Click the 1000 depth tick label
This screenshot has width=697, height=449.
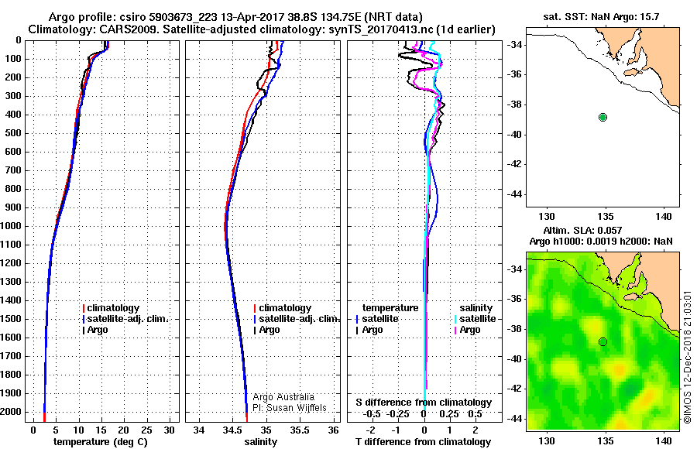pos(13,226)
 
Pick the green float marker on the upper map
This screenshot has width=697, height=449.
pos(603,117)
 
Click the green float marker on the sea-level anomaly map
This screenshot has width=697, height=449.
pos(603,341)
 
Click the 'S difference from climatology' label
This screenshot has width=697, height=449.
pos(424,403)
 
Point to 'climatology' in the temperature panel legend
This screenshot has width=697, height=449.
pos(113,308)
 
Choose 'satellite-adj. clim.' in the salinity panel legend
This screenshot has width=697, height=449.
pos(297,319)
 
